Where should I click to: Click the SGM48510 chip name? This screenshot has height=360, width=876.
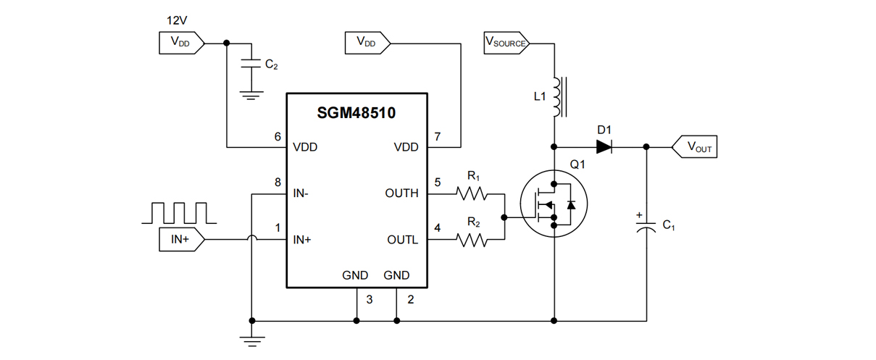tap(356, 113)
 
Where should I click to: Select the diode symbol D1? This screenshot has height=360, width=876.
tap(604, 147)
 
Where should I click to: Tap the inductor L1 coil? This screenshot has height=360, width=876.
tap(556, 96)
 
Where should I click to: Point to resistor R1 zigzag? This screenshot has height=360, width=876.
tap(472, 193)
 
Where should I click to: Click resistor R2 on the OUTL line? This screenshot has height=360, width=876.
tap(472, 240)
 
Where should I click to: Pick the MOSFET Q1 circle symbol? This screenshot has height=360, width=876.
tap(554, 204)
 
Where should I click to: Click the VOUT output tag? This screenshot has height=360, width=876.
tap(694, 147)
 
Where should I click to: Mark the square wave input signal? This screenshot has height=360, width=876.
tap(178, 212)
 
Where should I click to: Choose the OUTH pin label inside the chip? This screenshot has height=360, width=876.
tap(402, 193)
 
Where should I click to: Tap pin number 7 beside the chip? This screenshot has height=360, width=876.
tap(437, 135)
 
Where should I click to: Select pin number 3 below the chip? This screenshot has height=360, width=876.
tap(369, 299)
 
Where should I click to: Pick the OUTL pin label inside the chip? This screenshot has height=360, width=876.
tap(402, 240)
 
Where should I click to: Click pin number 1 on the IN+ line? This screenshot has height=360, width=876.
tap(278, 228)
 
